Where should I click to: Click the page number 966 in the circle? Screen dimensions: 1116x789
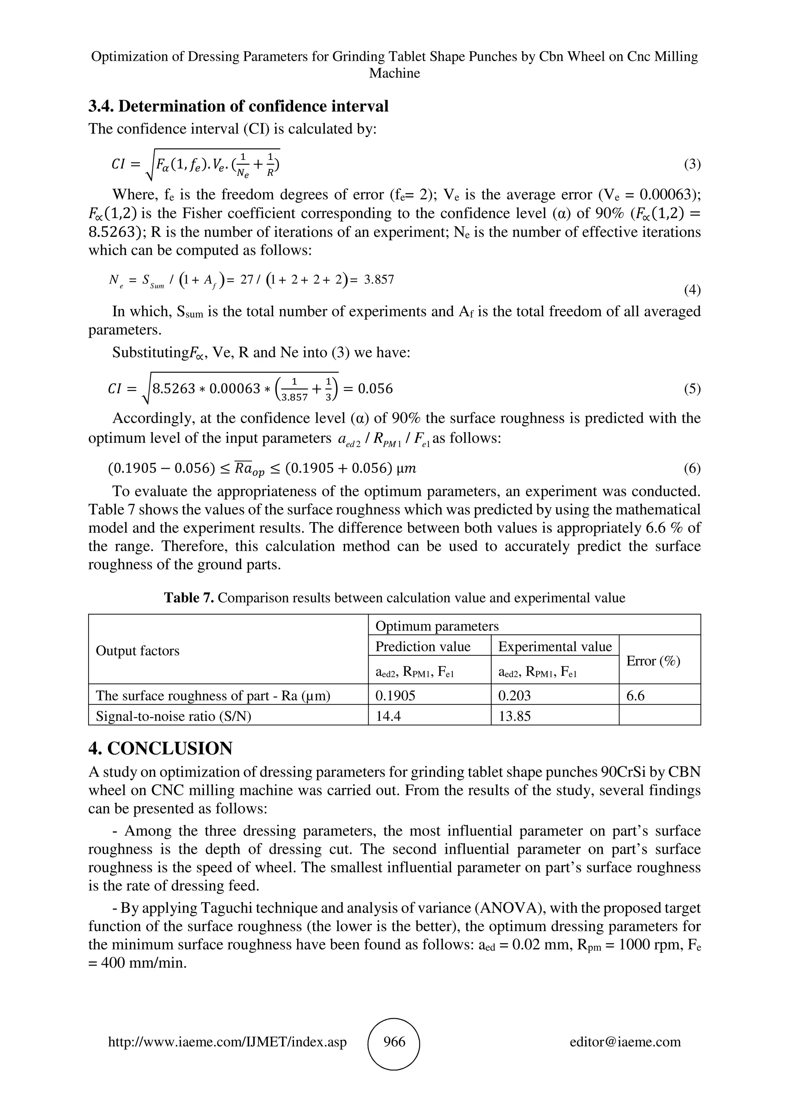[x=394, y=1041]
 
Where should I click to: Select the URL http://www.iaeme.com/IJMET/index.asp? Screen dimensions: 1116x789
[x=227, y=1042]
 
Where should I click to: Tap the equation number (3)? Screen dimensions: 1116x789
[x=692, y=164]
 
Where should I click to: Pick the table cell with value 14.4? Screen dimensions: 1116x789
[x=388, y=716]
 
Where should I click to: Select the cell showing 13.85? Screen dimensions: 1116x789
[x=514, y=716]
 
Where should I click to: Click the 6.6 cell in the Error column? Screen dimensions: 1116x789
[x=635, y=695]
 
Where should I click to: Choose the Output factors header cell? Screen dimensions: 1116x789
[x=138, y=650]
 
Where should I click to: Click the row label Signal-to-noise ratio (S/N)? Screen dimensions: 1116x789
[x=173, y=716]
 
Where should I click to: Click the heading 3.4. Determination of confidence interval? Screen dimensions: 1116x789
[x=238, y=106]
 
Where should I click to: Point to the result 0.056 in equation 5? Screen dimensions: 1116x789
[x=375, y=388]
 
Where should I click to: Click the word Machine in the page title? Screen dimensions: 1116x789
[x=394, y=74]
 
